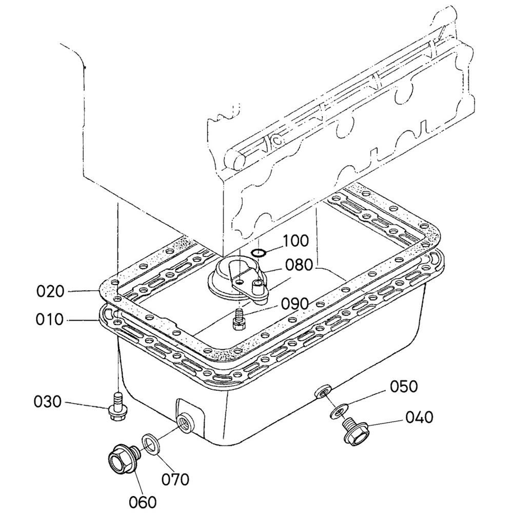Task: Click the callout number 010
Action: point(49,319)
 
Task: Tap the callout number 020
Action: point(50,291)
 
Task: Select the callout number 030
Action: point(47,402)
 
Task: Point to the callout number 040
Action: point(419,417)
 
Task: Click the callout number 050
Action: point(404,386)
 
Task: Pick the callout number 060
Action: point(142,502)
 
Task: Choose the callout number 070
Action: point(175,480)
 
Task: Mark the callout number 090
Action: point(294,304)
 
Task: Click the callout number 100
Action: point(295,241)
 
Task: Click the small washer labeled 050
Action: point(338,411)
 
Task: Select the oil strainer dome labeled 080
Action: point(239,277)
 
